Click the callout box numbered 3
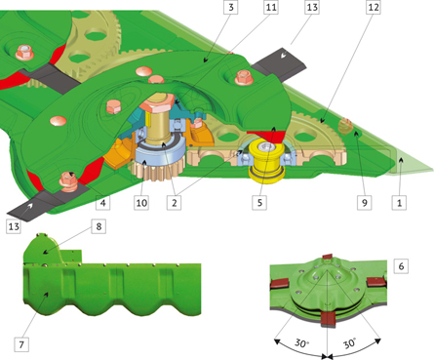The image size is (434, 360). click(231, 7)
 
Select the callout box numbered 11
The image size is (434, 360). click(271, 7)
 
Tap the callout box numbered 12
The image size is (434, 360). click(374, 7)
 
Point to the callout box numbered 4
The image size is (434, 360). click(103, 203)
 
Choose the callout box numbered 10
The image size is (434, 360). click(141, 203)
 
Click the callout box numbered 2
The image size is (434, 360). click(175, 203)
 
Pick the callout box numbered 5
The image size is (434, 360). click(259, 203)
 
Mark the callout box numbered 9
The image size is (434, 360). click(365, 203)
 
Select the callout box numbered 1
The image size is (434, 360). click(399, 203)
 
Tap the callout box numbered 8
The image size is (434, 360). click(99, 226)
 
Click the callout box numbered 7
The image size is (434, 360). click(21, 344)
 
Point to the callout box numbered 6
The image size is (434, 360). click(401, 266)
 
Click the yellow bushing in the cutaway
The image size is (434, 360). click(267, 160)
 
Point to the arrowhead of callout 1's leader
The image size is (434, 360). click(401, 160)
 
